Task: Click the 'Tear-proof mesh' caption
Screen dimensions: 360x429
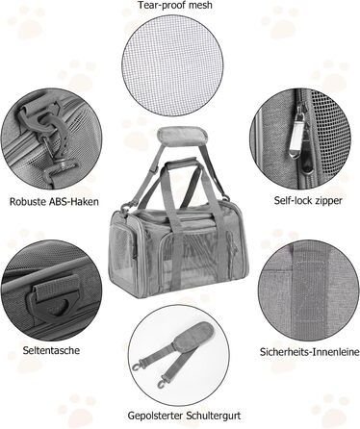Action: (175, 5)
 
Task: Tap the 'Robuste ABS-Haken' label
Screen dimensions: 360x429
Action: (54, 202)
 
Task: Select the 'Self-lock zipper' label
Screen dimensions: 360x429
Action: (308, 201)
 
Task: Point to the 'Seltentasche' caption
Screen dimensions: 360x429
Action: (51, 350)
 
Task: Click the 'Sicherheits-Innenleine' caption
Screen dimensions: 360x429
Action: (309, 352)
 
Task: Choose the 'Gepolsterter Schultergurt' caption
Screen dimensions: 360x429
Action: (184, 416)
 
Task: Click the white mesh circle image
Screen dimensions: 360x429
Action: (172, 65)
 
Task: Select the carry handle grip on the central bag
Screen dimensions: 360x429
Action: (182, 162)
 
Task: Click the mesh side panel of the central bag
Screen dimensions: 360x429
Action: (123, 253)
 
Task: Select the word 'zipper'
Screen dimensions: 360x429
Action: (327, 201)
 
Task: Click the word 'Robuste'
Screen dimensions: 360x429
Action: (27, 202)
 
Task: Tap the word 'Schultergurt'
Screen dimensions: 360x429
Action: (214, 416)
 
